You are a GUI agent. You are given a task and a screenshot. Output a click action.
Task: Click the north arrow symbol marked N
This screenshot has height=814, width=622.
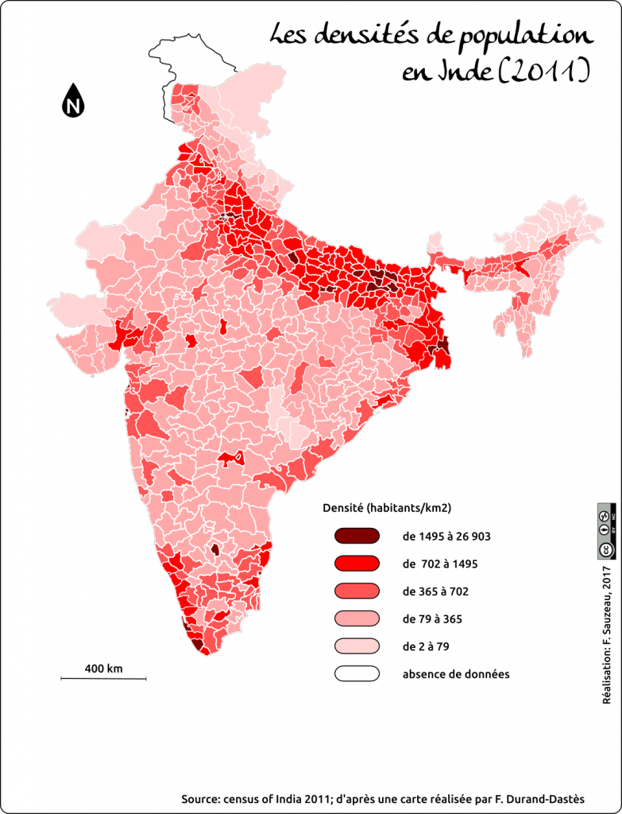73,101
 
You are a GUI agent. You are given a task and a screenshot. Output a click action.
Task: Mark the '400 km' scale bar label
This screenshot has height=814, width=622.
103,669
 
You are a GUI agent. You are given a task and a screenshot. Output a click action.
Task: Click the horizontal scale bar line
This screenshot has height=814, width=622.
104,678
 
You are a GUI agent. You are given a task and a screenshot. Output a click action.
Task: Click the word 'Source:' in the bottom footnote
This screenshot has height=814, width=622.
202,798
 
